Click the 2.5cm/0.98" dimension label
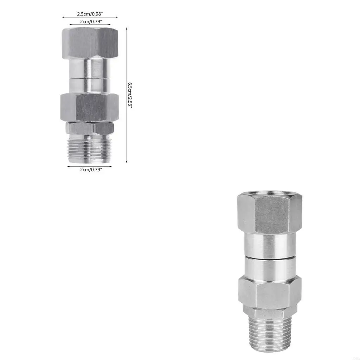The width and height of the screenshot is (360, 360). pyautogui.click(x=90, y=14)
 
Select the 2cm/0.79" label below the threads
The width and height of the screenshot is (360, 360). pyautogui.click(x=90, y=170)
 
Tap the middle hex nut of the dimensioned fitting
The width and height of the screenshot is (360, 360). pyautogui.click(x=90, y=107)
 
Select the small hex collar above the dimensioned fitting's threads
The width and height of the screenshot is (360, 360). pyautogui.click(x=90, y=128)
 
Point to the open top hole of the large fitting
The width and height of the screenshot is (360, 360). pyautogui.click(x=270, y=194)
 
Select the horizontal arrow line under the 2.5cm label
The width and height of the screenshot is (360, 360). pyautogui.click(x=90, y=17)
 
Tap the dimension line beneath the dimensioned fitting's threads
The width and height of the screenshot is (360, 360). pyautogui.click(x=90, y=166)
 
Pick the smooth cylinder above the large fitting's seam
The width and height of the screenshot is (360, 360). pyautogui.click(x=270, y=245)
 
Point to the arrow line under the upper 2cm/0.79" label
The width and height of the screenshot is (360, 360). pyautogui.click(x=90, y=25)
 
